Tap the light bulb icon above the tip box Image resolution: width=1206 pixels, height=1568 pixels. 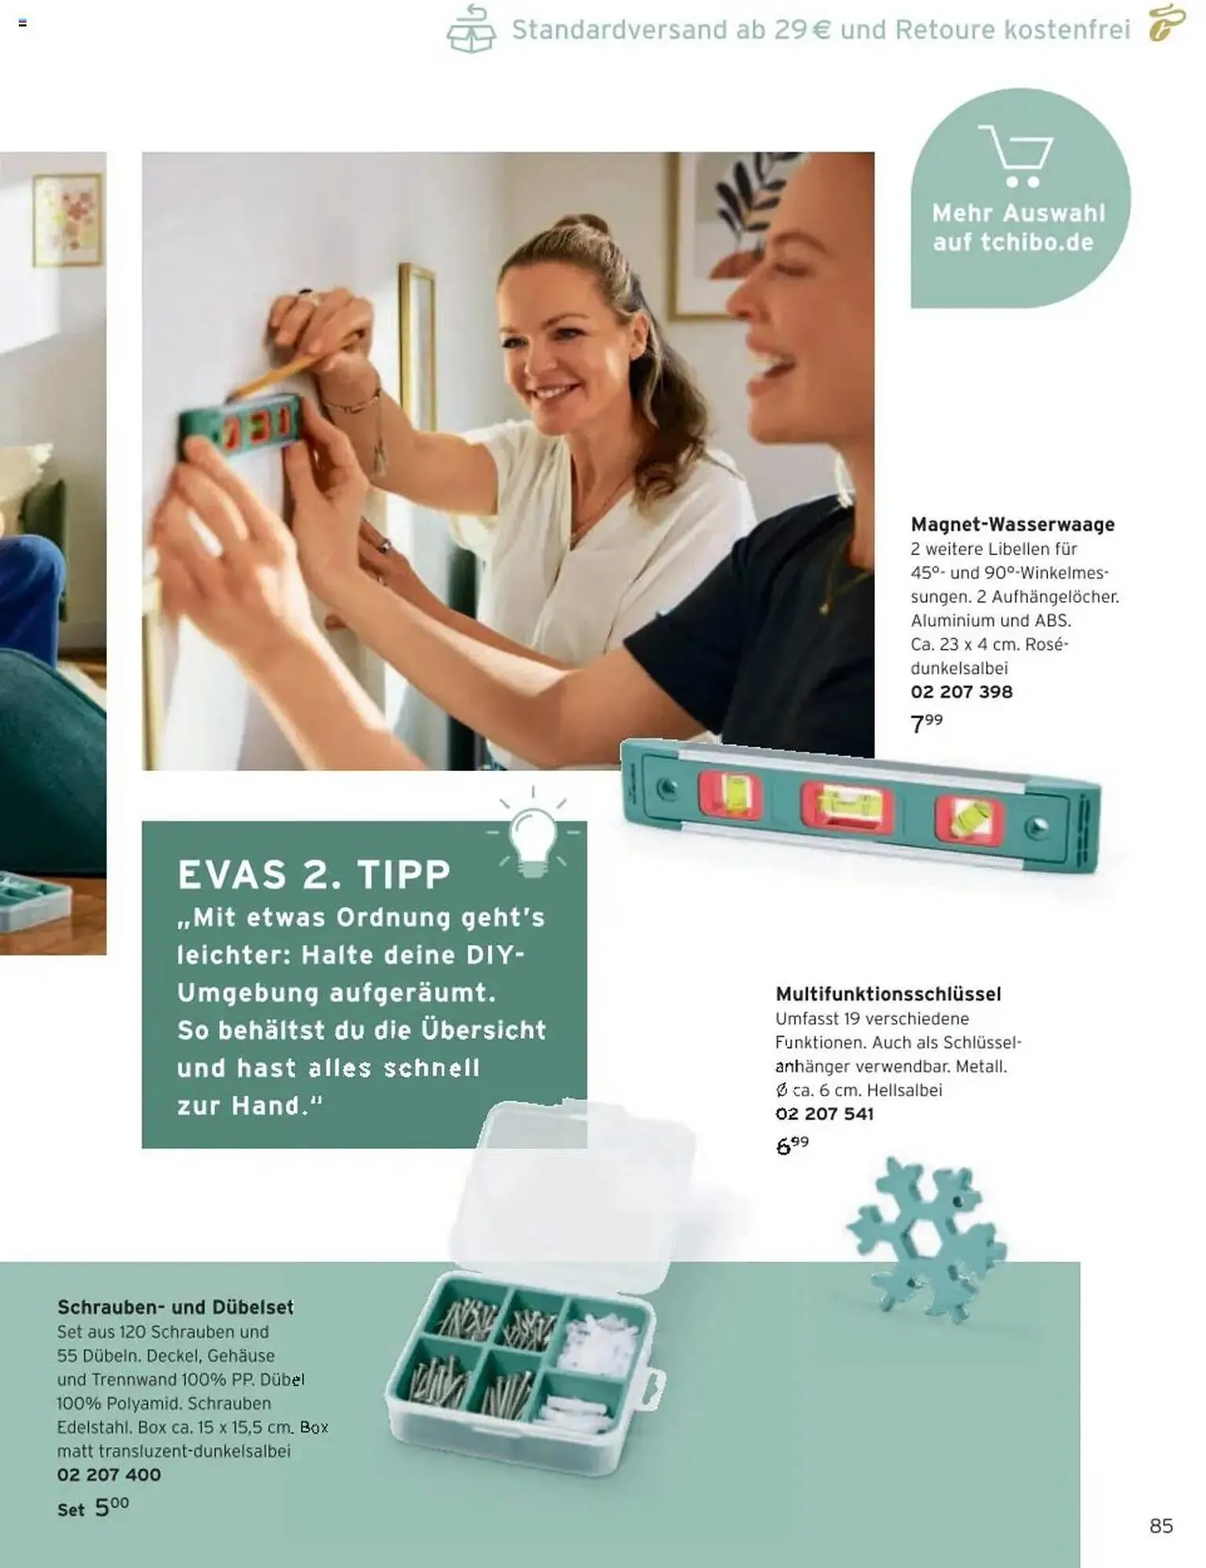[533, 836]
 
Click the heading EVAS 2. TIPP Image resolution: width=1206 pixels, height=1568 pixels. [314, 874]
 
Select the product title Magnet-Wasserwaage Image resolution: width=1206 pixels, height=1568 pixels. [1012, 524]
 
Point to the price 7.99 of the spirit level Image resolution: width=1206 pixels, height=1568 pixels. [926, 722]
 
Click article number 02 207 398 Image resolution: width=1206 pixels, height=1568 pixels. [961, 691]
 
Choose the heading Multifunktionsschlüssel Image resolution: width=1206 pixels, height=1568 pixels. [888, 994]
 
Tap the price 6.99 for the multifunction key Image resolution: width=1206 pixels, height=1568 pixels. [792, 1145]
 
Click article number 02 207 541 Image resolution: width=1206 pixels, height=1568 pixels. [824, 1113]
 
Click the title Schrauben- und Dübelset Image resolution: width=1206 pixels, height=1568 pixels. [176, 1307]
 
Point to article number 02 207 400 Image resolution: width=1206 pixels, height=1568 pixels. [109, 1474]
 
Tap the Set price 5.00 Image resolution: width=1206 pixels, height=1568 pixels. [93, 1507]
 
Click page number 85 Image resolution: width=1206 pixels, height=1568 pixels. [1161, 1525]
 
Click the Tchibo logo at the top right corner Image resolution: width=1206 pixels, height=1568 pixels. [1167, 24]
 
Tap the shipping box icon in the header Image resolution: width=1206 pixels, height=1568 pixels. [471, 28]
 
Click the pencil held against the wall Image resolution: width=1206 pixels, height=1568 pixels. [298, 362]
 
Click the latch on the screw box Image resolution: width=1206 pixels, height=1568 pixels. [652, 1391]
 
